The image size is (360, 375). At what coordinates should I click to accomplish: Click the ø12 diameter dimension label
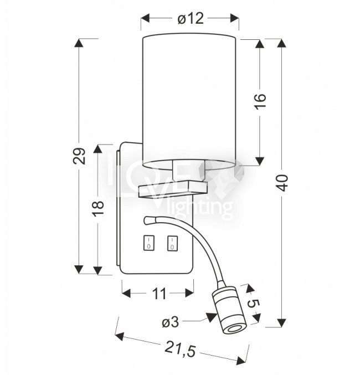pos(191,18)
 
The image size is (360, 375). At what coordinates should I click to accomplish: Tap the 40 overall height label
pos(282,183)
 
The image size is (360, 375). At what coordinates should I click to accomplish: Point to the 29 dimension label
pos(79,156)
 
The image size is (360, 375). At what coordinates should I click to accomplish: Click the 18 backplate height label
pos(98,208)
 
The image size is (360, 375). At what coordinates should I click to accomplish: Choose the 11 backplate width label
pos(159,294)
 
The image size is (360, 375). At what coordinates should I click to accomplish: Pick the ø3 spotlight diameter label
pos(171,322)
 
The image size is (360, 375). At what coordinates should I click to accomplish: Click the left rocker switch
pos(149,243)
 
